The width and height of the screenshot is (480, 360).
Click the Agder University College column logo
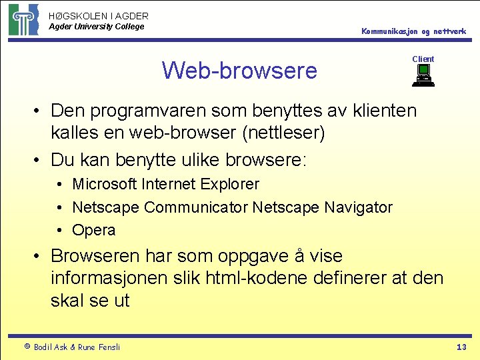(23, 19)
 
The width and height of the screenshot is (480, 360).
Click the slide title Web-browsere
(239, 70)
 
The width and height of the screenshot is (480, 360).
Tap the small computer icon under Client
(423, 77)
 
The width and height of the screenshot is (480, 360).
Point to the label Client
(423, 59)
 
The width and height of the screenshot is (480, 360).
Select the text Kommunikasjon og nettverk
(413, 31)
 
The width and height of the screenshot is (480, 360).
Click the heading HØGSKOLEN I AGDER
(99, 15)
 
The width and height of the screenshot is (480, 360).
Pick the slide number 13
(461, 347)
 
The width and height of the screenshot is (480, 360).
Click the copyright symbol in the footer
(27, 347)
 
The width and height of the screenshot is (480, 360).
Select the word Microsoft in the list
(104, 184)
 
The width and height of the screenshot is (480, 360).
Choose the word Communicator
(196, 207)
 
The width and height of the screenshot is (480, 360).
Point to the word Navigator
(359, 207)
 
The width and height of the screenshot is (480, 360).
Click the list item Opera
(93, 230)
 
